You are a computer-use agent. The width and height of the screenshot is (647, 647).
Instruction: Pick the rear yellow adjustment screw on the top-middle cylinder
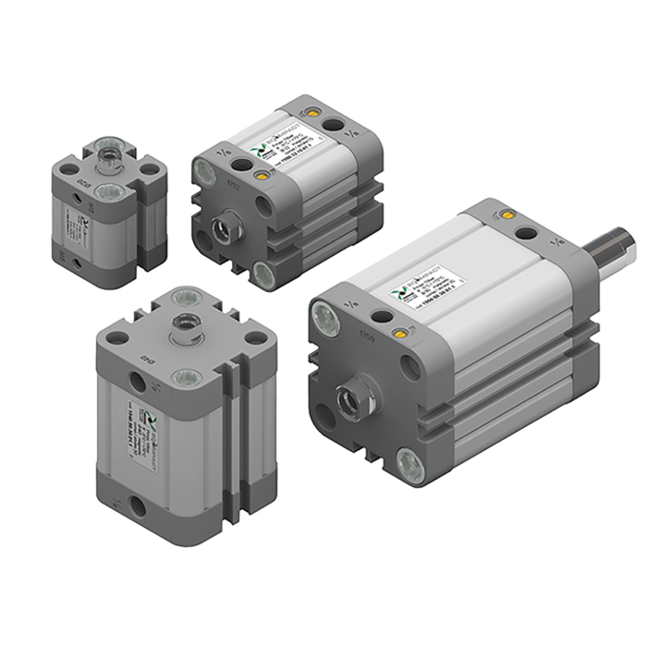click(315, 113)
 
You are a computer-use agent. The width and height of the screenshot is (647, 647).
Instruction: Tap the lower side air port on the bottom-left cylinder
click(139, 504)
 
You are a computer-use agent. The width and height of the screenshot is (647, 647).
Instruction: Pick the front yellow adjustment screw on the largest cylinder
click(399, 333)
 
